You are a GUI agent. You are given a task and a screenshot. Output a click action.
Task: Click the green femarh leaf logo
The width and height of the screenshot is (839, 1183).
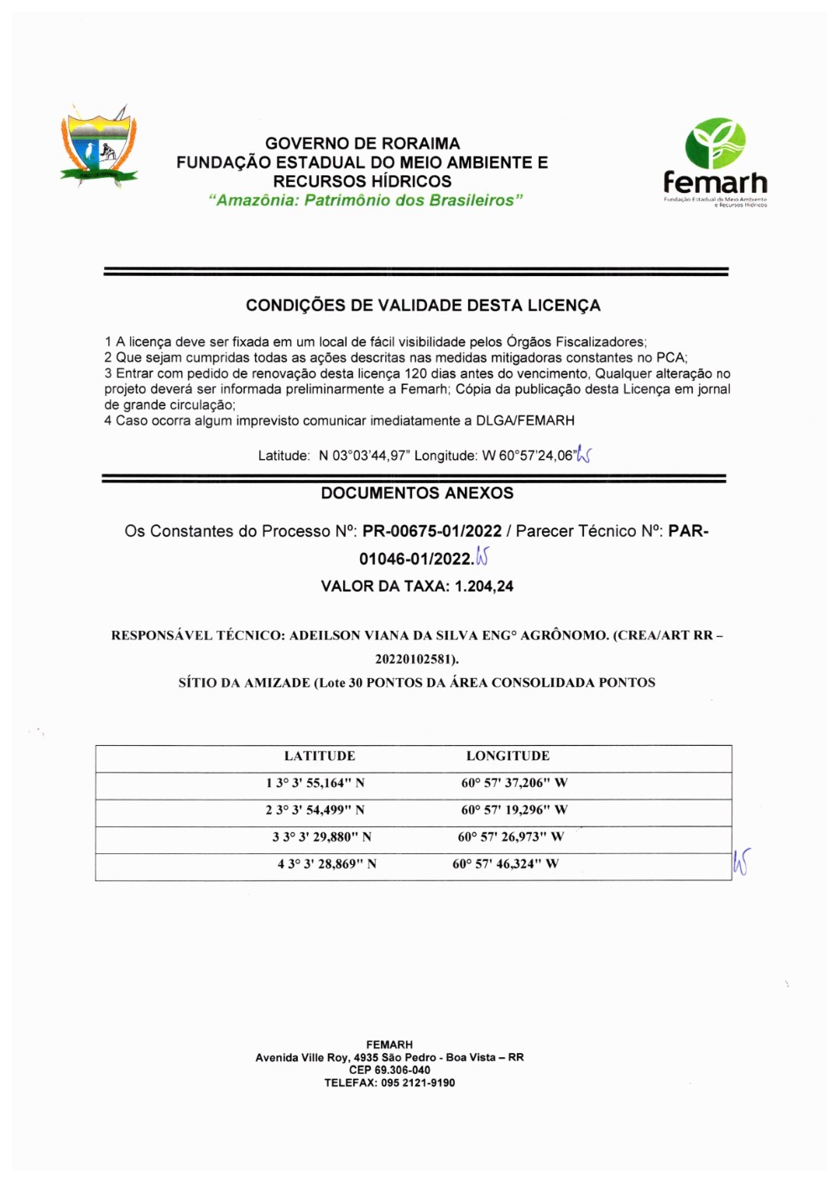pyautogui.click(x=715, y=143)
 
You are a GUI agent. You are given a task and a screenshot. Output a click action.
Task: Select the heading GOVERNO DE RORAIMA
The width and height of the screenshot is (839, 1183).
pyautogui.click(x=362, y=143)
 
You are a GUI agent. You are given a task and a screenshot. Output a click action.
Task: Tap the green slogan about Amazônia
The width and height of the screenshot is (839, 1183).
pyautogui.click(x=366, y=201)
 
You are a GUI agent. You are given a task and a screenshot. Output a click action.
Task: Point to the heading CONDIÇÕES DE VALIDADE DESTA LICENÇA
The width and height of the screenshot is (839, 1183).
pyautogui.click(x=423, y=305)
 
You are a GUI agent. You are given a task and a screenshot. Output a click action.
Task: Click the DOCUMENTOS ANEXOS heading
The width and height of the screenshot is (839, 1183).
pyautogui.click(x=417, y=493)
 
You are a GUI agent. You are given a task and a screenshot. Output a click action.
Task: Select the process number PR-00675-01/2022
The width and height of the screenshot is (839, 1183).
pyautogui.click(x=432, y=531)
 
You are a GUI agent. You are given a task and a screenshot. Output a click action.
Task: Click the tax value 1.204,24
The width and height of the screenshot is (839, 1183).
pyautogui.click(x=484, y=586)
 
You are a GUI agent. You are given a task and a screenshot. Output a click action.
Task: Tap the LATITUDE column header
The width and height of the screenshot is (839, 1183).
pyautogui.click(x=320, y=756)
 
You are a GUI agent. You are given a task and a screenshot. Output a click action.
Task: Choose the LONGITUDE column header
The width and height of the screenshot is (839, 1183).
pyautogui.click(x=508, y=756)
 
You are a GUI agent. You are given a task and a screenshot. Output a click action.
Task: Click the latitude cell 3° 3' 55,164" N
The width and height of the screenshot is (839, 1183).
pyautogui.click(x=320, y=783)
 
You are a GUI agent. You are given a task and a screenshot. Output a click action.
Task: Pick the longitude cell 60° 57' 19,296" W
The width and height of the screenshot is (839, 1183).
pyautogui.click(x=513, y=810)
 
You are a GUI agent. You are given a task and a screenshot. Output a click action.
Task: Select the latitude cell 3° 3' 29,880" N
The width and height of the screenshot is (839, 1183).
pyautogui.click(x=326, y=836)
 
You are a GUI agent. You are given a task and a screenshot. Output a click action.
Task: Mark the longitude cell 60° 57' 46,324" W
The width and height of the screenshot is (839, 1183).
pyautogui.click(x=505, y=863)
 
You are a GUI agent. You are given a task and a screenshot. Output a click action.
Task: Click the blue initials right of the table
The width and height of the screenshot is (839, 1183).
pyautogui.click(x=741, y=862)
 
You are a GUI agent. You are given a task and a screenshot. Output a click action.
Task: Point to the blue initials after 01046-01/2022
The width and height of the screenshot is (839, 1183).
pyautogui.click(x=482, y=556)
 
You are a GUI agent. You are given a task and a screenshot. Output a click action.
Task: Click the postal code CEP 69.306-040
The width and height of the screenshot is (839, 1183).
pyautogui.click(x=389, y=1070)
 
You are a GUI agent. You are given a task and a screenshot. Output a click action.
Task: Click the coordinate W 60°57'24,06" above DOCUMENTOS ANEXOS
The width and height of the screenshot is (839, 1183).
pyautogui.click(x=529, y=456)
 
